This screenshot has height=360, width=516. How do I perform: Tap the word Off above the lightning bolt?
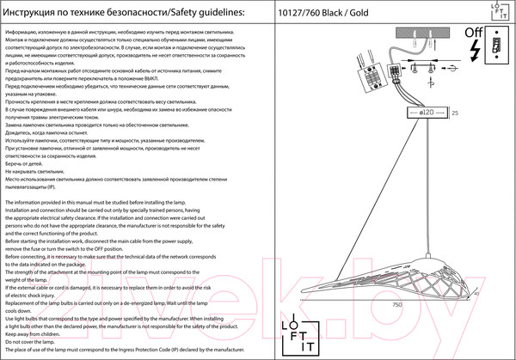coord(473,35)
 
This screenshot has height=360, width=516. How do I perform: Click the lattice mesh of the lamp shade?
coord(430,271)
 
